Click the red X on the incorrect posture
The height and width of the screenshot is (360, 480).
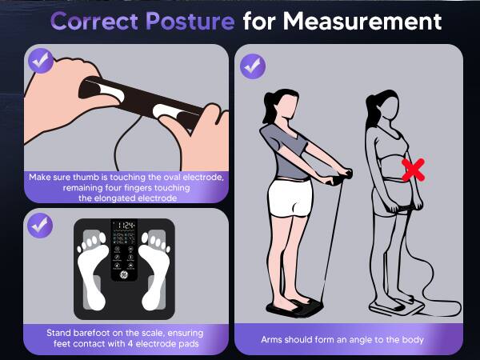[x=413, y=170]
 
